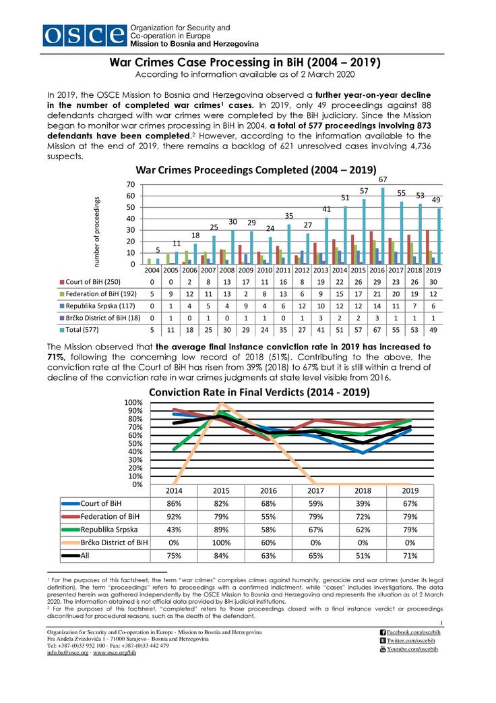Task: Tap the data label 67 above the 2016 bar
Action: click(382, 179)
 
